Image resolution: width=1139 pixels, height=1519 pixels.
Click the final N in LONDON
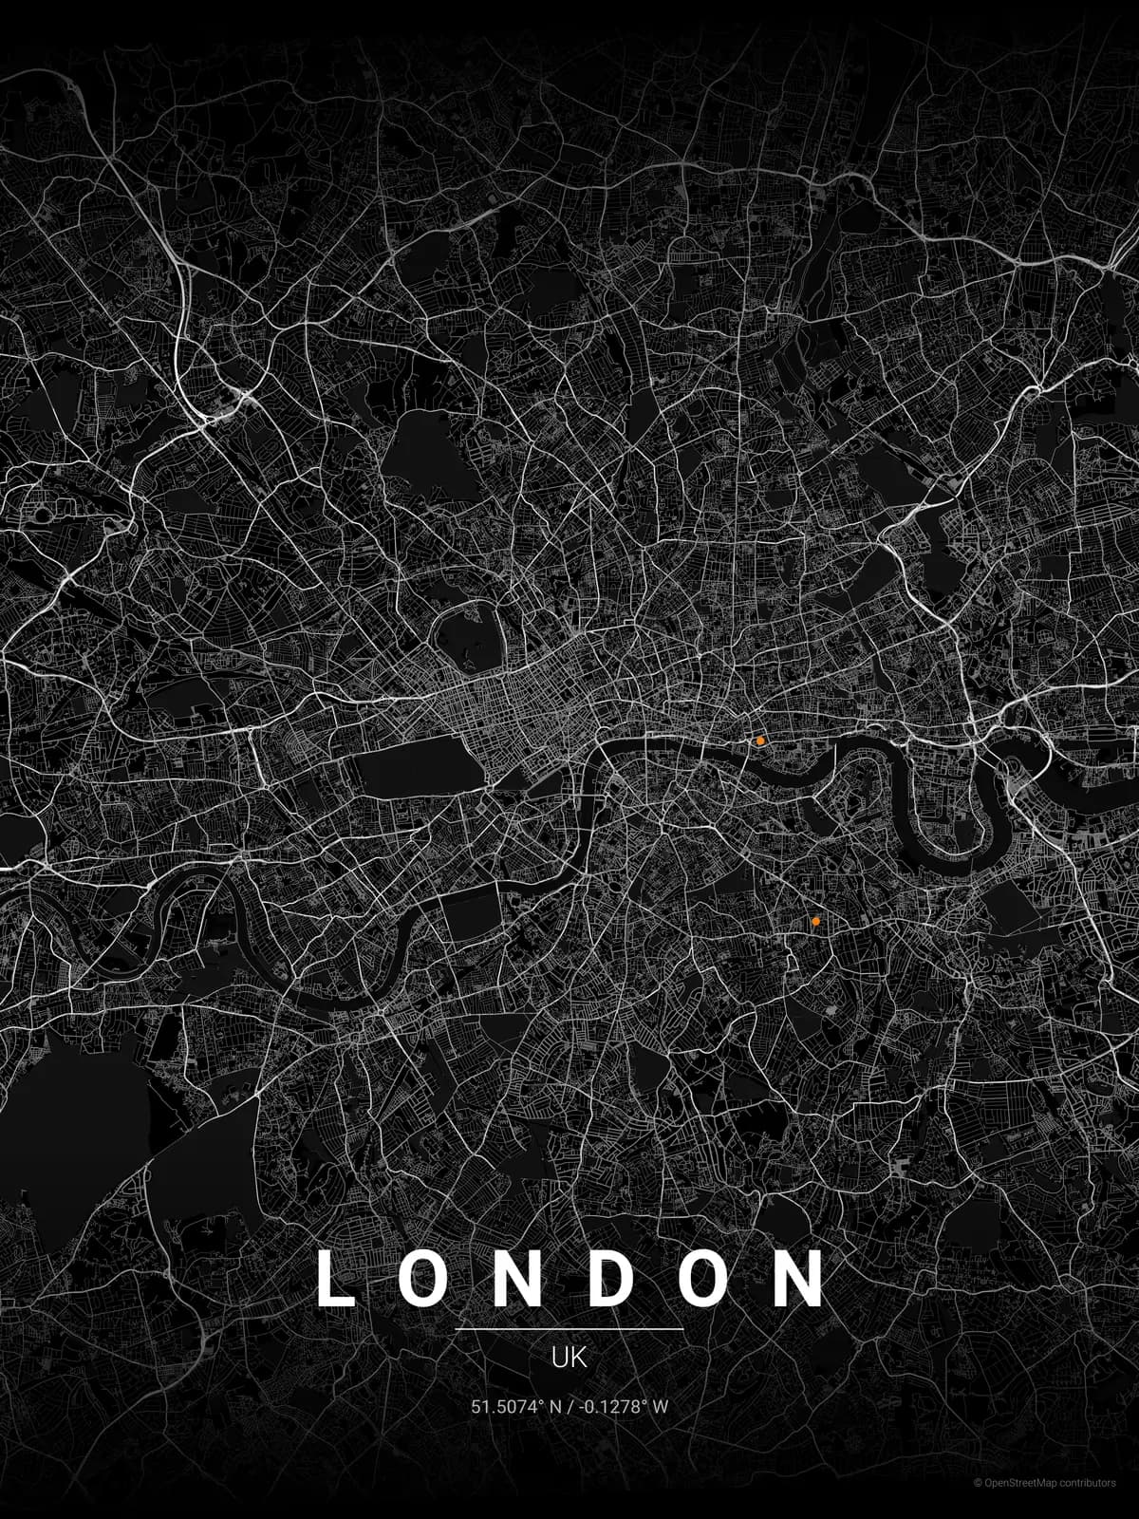coord(802,1279)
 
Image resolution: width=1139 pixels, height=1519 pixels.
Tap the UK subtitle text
coord(569,1358)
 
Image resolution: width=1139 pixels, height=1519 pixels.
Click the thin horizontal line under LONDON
coord(569,1329)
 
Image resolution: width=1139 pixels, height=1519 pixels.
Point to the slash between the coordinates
coord(568,1407)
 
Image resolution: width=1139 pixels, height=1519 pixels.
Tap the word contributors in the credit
coord(1089,1483)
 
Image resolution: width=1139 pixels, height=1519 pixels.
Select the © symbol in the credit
coord(978,1483)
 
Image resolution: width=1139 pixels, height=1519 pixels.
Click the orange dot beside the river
coord(760,740)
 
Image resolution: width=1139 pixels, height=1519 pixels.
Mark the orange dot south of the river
coord(815,921)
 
